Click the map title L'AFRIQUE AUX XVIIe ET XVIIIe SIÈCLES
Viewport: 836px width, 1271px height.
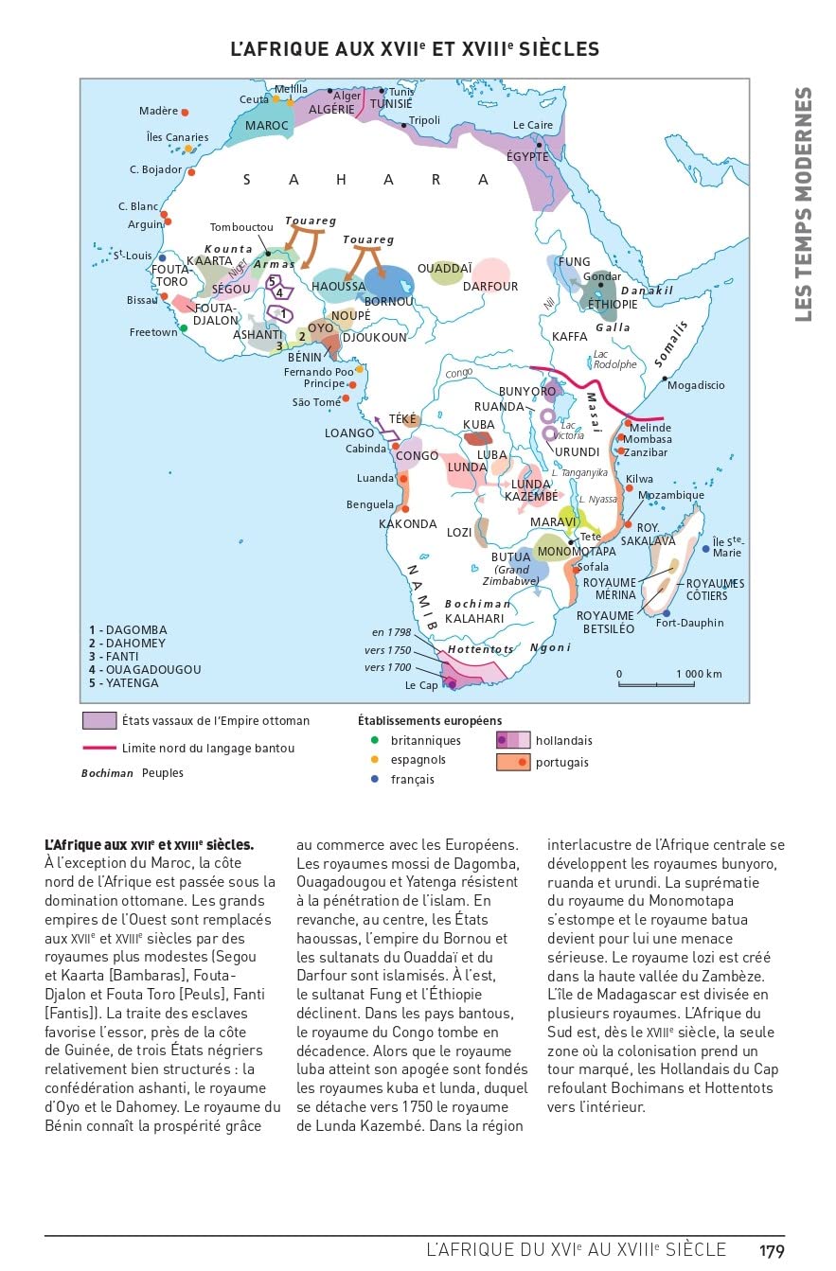pos(416,49)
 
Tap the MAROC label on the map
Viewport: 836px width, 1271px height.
pos(267,126)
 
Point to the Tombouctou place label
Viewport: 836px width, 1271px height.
pos(241,227)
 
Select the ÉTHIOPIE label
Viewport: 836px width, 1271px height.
pos(614,304)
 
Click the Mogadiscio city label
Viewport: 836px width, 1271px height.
pos(696,385)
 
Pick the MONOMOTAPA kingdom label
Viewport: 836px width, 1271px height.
pos(576,551)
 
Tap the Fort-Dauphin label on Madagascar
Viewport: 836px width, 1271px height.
pos(689,623)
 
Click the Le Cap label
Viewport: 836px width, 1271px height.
pos(421,684)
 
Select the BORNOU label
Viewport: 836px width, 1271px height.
pos(388,301)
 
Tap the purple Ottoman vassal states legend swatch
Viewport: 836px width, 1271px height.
pos(99,721)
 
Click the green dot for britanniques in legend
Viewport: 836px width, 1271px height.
pos(374,740)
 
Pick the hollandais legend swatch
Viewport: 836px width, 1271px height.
pos(512,740)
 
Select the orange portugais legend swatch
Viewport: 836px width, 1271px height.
pos(512,762)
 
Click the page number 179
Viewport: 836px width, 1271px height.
pos(772,1251)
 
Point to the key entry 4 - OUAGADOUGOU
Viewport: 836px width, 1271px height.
pos(145,669)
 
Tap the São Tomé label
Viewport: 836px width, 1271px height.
pos(316,402)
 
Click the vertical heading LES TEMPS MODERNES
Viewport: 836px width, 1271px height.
pos(803,203)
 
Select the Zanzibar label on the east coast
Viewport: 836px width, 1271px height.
pos(646,452)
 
